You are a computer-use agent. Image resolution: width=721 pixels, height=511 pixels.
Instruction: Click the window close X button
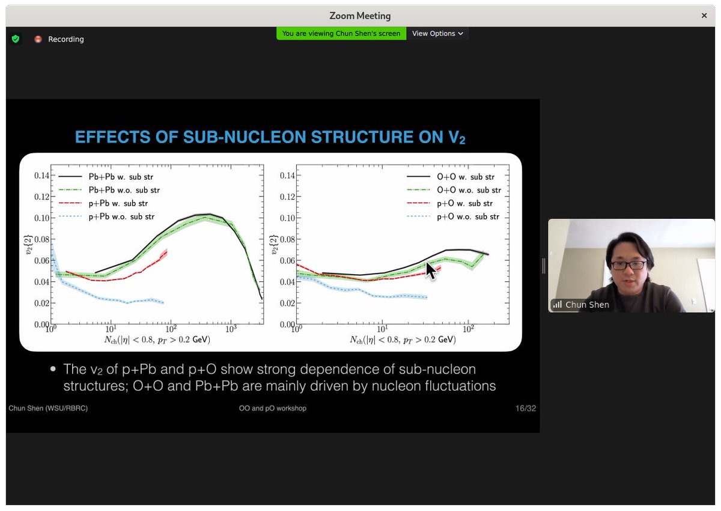click(704, 16)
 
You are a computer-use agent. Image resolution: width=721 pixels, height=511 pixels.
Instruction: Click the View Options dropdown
click(437, 34)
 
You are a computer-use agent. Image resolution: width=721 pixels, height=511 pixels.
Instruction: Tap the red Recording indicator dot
click(38, 39)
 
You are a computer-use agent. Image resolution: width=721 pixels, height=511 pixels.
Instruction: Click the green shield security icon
click(16, 39)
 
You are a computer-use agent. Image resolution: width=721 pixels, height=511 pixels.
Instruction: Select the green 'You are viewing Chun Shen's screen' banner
click(341, 34)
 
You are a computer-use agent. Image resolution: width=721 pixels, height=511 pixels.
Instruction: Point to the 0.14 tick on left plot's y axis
click(40, 176)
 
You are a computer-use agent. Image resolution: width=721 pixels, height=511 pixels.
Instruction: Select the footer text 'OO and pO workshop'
click(272, 408)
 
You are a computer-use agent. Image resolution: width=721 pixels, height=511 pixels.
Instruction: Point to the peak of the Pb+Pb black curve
click(204, 214)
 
